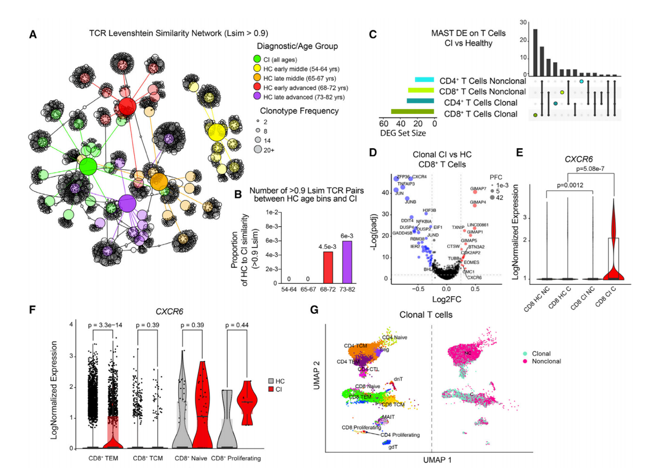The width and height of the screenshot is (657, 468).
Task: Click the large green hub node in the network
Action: (x=88, y=167)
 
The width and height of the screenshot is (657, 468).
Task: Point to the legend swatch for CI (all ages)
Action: (x=258, y=59)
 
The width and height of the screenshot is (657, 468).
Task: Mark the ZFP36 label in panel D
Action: (x=403, y=177)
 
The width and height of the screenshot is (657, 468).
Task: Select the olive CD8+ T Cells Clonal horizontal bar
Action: (x=412, y=112)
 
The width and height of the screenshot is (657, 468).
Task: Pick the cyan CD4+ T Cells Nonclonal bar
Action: (x=424, y=80)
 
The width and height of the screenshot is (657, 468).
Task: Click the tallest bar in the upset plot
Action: (x=535, y=52)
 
